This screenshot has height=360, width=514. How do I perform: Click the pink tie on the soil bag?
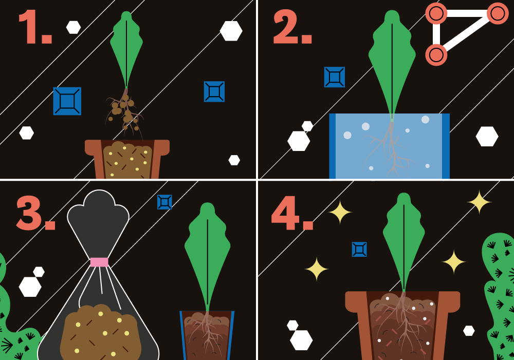[99, 262]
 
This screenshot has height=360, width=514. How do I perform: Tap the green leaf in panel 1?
[126, 49]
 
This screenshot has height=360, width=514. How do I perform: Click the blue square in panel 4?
[359, 249]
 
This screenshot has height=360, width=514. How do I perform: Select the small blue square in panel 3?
[164, 202]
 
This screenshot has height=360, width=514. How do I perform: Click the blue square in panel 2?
[335, 77]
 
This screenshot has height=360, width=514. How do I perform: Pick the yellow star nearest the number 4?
[340, 212]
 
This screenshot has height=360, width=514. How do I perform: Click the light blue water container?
[390, 146]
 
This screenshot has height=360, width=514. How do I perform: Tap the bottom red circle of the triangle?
[436, 55]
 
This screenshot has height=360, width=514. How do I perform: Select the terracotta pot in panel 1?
[127, 159]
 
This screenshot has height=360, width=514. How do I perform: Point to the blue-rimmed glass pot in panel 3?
[207, 335]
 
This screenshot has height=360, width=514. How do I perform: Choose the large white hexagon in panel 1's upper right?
[231, 31]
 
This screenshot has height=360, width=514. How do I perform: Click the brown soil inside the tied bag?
[101, 332]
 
